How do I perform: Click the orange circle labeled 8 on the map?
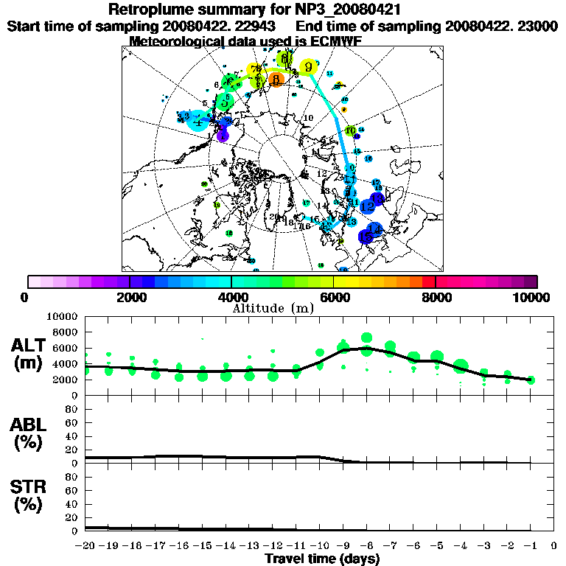pyautogui.click(x=276, y=79)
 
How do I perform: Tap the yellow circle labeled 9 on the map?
pyautogui.click(x=310, y=67)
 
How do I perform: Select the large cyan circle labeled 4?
pyautogui.click(x=198, y=122)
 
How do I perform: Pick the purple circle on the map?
pyautogui.click(x=223, y=136)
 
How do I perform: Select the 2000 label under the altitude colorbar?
pyautogui.click(x=128, y=297)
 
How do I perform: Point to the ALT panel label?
pyautogui.click(x=30, y=353)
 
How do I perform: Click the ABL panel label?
pyautogui.click(x=30, y=435)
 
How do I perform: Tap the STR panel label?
pyautogui.click(x=30, y=495)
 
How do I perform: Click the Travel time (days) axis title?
pyautogui.click(x=321, y=559)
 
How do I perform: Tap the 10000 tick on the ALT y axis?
pyautogui.click(x=62, y=317)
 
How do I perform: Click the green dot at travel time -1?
pyautogui.click(x=531, y=380)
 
